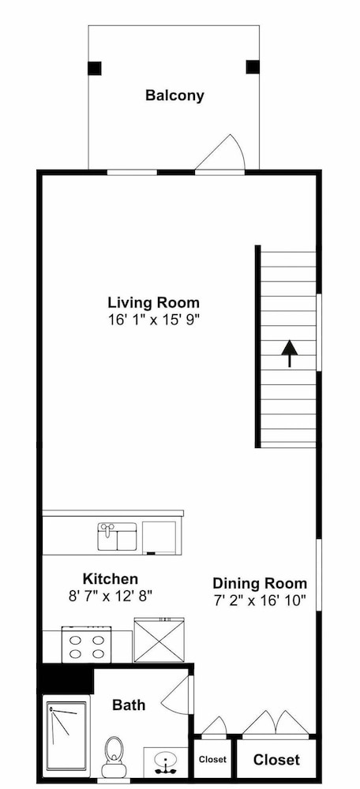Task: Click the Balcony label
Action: point(174,95)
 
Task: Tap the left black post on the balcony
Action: point(95,68)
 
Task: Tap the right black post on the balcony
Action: point(253,67)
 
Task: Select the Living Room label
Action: point(154,303)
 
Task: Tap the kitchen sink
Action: point(118,537)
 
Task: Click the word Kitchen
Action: point(111,578)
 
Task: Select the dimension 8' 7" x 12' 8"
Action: point(111,596)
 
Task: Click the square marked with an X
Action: point(159,641)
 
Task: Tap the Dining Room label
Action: point(260,584)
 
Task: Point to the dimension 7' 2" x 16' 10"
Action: point(260,600)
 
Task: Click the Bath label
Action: point(129,705)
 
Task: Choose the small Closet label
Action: point(212,760)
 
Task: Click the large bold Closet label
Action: point(276,759)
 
